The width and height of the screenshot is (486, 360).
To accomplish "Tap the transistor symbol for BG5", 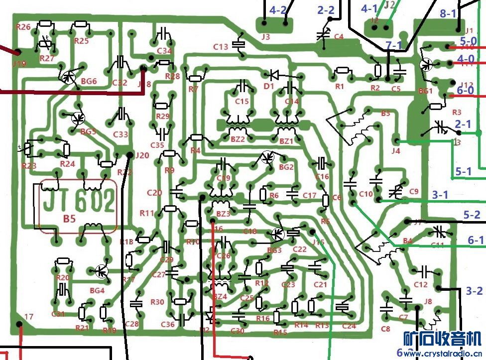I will coord(78,119).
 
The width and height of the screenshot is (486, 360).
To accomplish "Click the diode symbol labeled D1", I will coord(274,75).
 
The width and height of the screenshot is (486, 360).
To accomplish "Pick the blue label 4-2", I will coord(278,10).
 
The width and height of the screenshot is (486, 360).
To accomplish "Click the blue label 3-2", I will coord(474,291).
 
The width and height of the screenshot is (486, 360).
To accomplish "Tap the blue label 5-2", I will coord(472,215).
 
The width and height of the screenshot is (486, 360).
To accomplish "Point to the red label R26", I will coord(23,27).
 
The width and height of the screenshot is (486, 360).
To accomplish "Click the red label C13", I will coord(221,47).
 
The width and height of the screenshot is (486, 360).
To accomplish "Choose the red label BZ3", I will coord(223,214).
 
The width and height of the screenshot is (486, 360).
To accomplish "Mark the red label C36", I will coord(168,325).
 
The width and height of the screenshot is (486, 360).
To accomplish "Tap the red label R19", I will coord(110,331).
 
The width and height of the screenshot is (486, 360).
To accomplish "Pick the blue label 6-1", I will coord(476,240).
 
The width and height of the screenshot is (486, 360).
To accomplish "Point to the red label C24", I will coord(349,326).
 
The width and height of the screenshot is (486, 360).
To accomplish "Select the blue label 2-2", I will coord(326,10).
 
